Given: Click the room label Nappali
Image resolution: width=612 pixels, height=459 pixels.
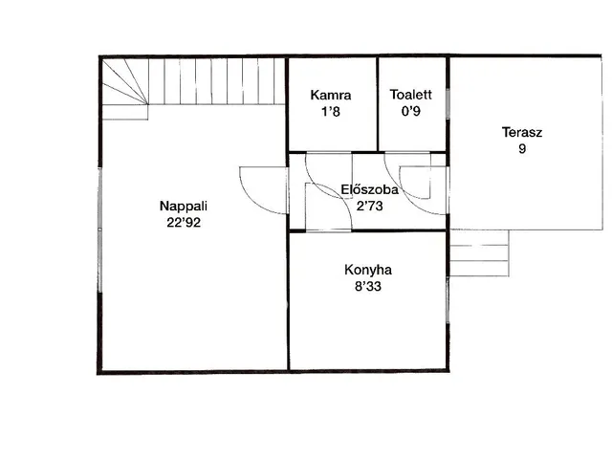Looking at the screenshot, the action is point(183,207).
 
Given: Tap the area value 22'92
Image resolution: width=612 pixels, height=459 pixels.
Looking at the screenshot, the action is point(184,223).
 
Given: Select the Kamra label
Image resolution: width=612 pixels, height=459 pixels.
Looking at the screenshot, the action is point(331,95).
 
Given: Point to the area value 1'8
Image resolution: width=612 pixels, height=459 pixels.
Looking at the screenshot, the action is point(331,112).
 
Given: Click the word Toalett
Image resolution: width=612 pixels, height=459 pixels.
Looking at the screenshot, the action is point(410,95).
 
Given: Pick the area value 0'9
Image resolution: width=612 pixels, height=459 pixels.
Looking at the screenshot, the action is point(410,111).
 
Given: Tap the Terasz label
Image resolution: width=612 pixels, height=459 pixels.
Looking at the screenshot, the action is point(522,132).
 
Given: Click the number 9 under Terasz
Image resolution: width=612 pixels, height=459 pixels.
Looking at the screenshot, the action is point(522,149).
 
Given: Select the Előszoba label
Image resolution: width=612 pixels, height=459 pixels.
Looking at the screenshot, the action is point(370,189).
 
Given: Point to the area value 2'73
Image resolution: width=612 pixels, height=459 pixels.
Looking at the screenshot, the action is point(370,206).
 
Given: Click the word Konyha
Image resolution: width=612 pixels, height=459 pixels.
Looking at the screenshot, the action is point(368,270).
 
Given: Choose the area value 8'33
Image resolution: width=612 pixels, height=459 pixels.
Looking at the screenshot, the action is point(368,287).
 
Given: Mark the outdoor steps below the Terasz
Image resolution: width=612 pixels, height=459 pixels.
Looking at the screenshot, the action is point(479,252).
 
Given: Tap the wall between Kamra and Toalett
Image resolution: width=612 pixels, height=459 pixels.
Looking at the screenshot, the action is point(378,104).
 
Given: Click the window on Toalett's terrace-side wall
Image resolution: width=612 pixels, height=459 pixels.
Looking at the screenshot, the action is point(448,103).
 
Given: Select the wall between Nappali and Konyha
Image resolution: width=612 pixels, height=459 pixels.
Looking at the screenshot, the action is point(288,300).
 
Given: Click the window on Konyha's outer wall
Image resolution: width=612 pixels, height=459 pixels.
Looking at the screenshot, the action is point(448,299).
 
